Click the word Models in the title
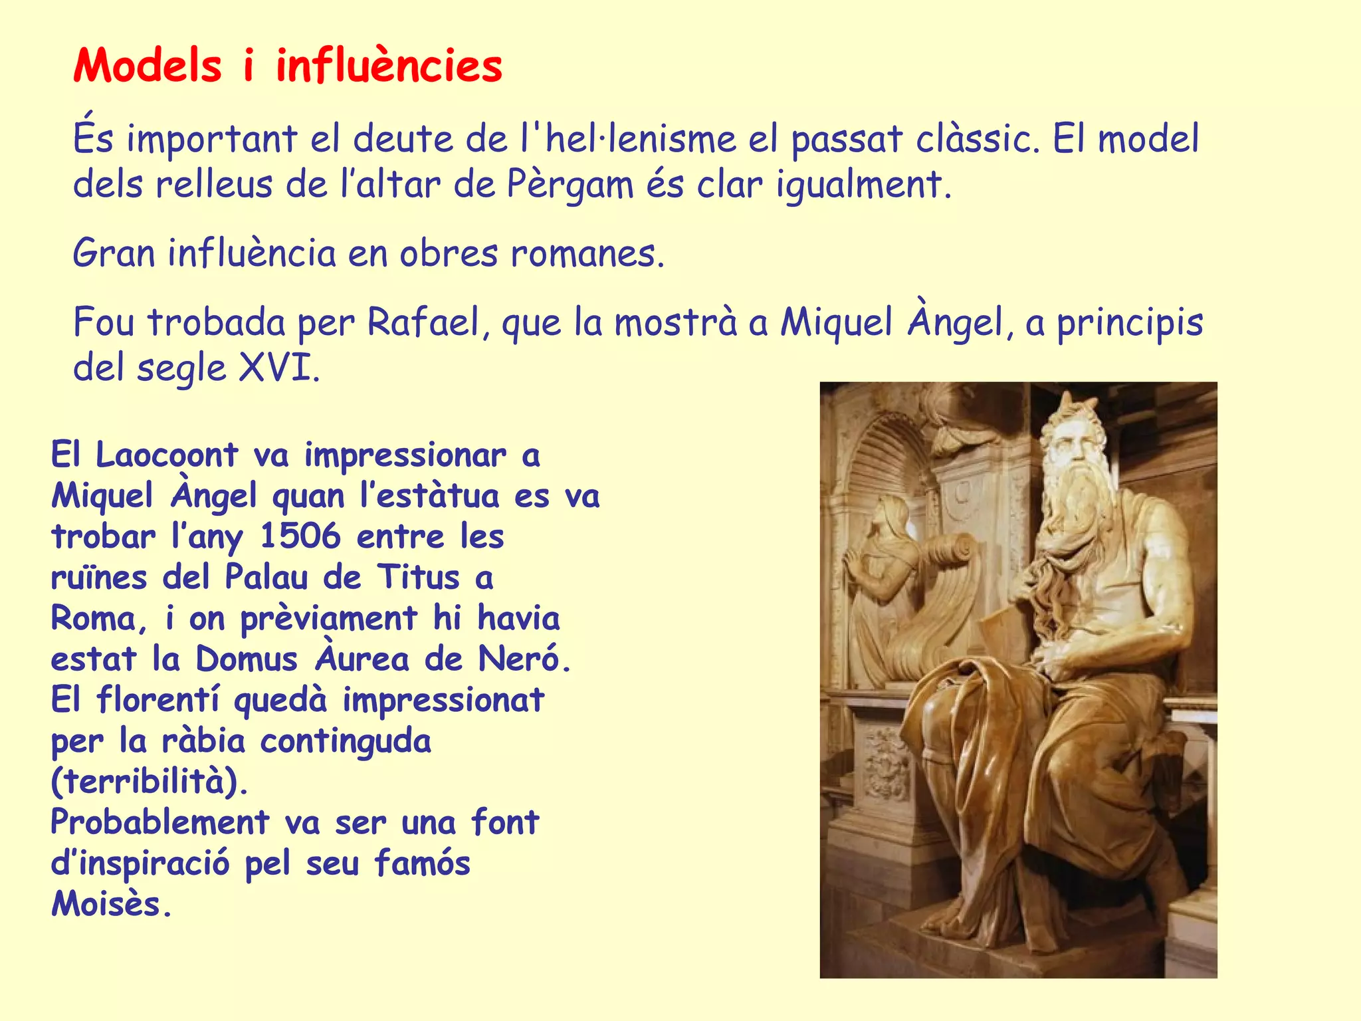click(x=148, y=66)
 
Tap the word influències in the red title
click(x=389, y=66)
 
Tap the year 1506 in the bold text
click(x=300, y=536)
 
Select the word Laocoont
click(x=167, y=455)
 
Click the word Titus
click(x=419, y=577)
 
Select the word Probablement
click(x=159, y=822)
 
